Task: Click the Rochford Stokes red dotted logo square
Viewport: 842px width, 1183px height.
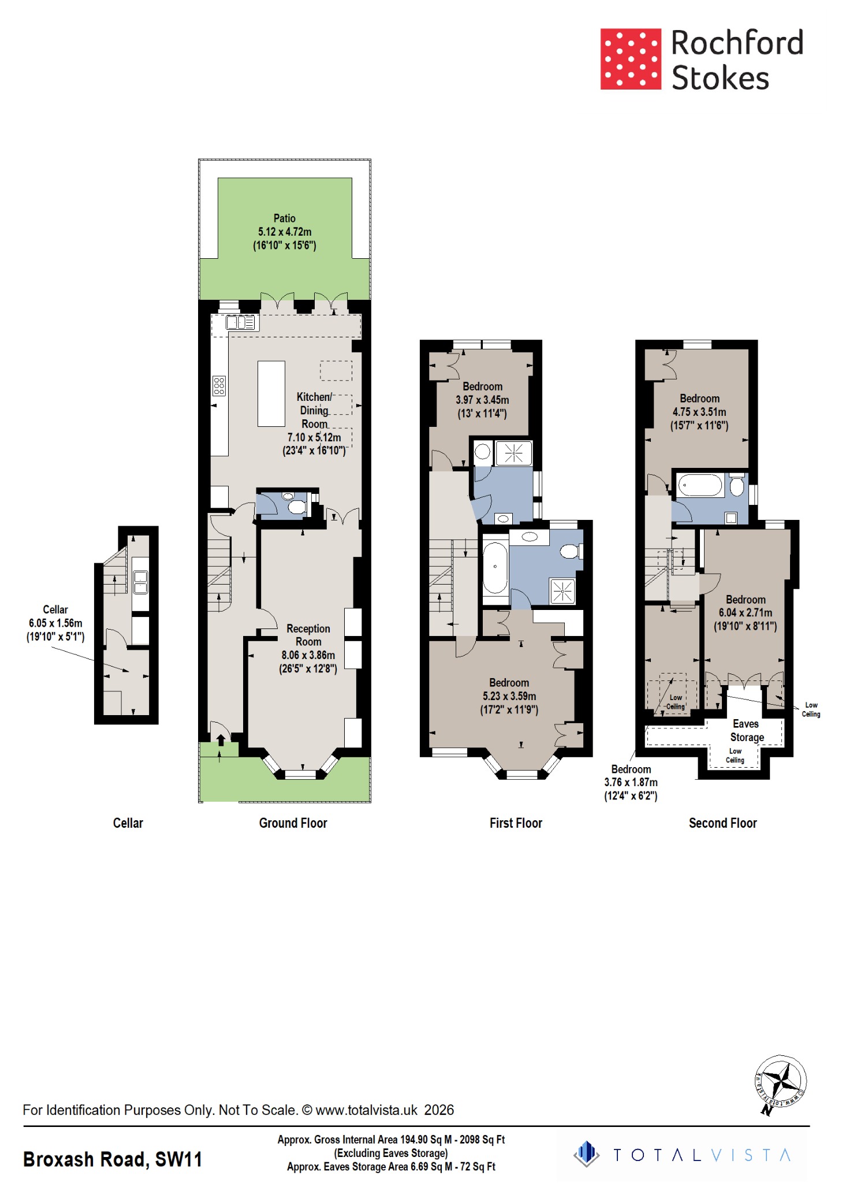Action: coord(630,59)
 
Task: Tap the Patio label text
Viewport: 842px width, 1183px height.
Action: coord(284,218)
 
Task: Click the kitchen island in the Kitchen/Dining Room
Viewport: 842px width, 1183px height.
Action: coord(271,393)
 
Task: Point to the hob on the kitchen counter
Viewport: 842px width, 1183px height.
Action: coord(219,385)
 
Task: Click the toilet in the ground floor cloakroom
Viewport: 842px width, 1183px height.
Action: coord(296,507)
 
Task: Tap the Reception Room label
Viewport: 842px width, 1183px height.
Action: coord(308,635)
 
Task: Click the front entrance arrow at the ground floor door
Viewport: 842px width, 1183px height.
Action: coord(221,739)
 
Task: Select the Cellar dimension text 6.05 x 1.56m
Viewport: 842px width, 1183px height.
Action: coord(55,623)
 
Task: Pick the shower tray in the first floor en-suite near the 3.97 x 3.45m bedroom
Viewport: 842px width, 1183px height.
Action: coord(513,453)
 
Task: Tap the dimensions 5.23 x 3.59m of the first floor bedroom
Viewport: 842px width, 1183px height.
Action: coord(509,696)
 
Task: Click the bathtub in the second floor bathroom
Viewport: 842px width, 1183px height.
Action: coord(700,485)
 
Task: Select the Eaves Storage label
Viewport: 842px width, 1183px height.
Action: coord(746,730)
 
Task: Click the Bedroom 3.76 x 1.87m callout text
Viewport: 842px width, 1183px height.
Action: coord(631,782)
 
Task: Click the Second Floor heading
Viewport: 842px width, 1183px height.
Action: coord(722,823)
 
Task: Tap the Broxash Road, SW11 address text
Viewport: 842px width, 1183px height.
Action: coord(113,1159)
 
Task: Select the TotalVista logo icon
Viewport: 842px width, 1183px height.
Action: coord(587,1154)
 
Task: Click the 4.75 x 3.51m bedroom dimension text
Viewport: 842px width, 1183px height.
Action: coord(699,412)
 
